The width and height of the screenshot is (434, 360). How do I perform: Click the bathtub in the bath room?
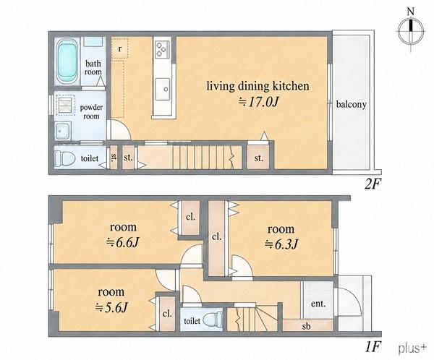[x=67, y=61]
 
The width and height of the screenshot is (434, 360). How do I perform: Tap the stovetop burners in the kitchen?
[x=162, y=49]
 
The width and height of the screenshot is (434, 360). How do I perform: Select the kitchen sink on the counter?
[x=163, y=89]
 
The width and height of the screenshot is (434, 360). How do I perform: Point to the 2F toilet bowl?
[x=64, y=159]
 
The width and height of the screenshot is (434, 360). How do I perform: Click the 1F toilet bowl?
[x=213, y=320]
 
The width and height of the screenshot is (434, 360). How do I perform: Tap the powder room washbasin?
[x=62, y=131]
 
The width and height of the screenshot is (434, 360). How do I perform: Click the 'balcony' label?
[x=352, y=104]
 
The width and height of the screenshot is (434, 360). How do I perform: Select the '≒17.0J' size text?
[x=258, y=102]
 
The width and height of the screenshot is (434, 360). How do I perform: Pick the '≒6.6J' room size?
[x=123, y=243]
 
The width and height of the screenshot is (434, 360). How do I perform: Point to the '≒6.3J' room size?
[x=281, y=244]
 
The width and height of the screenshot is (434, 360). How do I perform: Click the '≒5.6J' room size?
[x=111, y=307]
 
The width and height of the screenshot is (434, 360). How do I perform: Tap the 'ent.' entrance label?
[x=318, y=304]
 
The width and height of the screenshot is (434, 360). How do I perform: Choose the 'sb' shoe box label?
[x=306, y=326]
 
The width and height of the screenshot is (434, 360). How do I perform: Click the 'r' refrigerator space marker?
[x=120, y=48]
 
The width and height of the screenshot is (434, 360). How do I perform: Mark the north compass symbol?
[x=411, y=30]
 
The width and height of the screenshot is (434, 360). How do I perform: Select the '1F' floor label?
[x=373, y=346]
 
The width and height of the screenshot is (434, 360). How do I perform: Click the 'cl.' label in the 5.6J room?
[x=167, y=314]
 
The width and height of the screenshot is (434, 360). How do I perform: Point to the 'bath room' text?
[x=93, y=68]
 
